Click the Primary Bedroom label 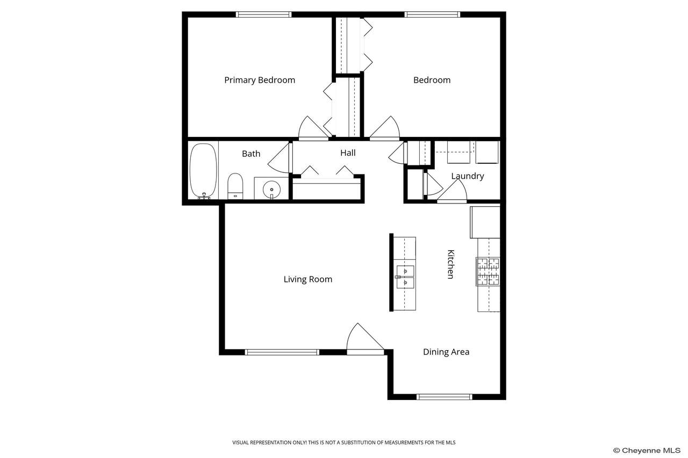point(260,81)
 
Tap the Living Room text point(308,279)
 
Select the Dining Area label point(446,352)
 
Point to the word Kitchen point(450,264)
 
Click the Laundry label point(468,176)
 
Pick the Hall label point(348,153)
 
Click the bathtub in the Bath point(203,171)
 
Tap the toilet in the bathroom point(235,186)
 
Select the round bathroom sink point(271,190)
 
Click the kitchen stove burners point(488,272)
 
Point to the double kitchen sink point(405,277)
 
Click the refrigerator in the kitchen point(485,222)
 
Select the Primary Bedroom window point(263,14)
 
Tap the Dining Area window point(445,397)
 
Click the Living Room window point(282,352)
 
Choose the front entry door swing point(365,339)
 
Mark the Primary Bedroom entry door point(313,128)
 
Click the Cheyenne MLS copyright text point(647,450)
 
